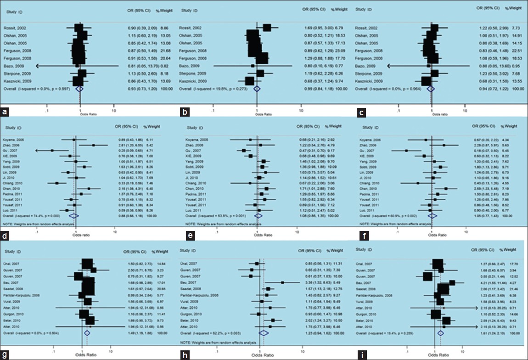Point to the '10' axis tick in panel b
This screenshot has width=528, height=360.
pyautogui.click(x=301, y=110)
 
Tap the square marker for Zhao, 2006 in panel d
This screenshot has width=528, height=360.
pyautogui.click(x=93, y=145)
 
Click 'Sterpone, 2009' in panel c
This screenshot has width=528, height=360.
pyautogui.click(x=368, y=73)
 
